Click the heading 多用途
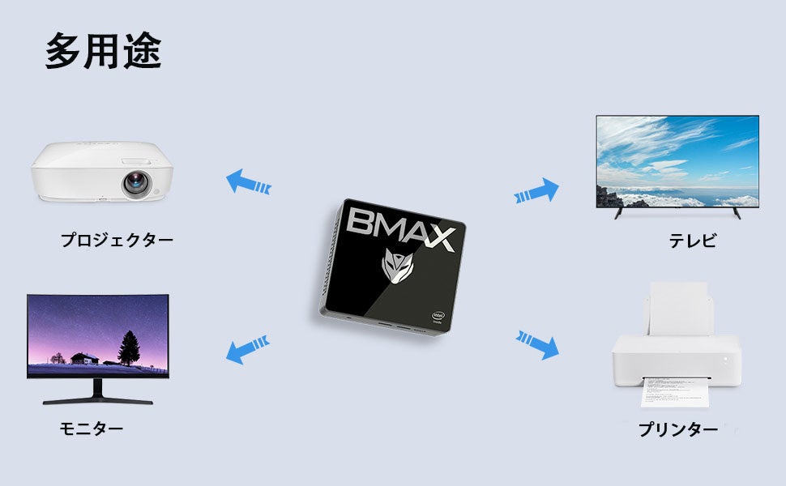point(103,52)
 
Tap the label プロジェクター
point(117,240)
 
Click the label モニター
point(92,428)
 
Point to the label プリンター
point(677,430)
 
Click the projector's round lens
point(135,184)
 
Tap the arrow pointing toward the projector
point(248,181)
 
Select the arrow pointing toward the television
point(537,191)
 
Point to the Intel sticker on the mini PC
point(438,317)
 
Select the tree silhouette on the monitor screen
point(129,347)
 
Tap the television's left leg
point(619,213)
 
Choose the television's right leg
point(736,213)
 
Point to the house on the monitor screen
point(83,357)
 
